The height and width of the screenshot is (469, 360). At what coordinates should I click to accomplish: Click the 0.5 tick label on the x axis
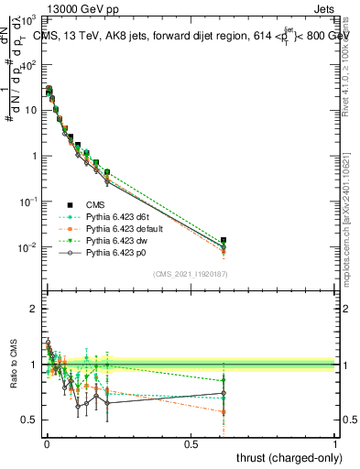[x=191, y=443]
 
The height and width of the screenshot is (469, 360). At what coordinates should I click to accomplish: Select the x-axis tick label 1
[x=335, y=443]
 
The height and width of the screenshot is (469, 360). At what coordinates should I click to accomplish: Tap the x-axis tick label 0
[x=47, y=443]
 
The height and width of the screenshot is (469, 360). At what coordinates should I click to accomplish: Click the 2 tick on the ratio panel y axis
[x=33, y=309]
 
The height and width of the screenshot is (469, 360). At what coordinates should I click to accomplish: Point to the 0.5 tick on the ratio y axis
[x=28, y=420]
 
